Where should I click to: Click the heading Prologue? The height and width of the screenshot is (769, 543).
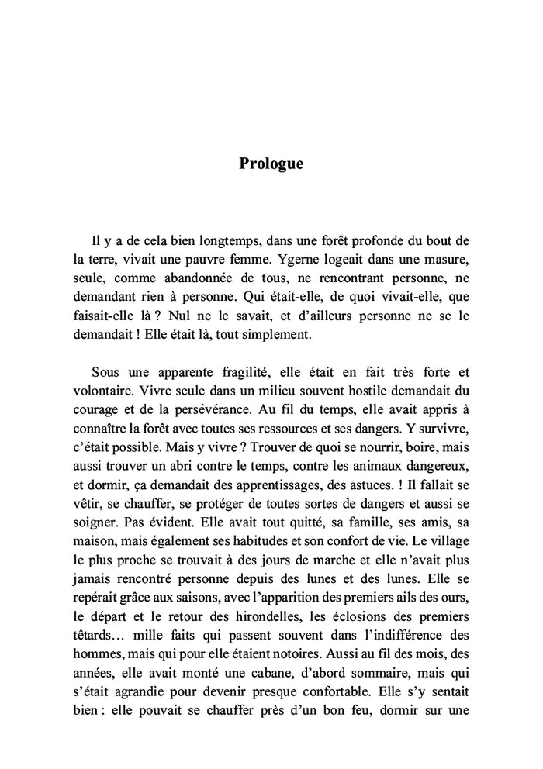(271, 164)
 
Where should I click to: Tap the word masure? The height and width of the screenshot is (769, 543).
(446, 260)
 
